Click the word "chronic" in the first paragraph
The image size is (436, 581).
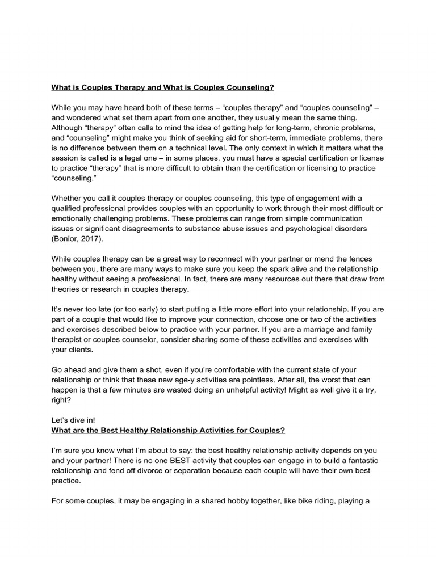[325, 128]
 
